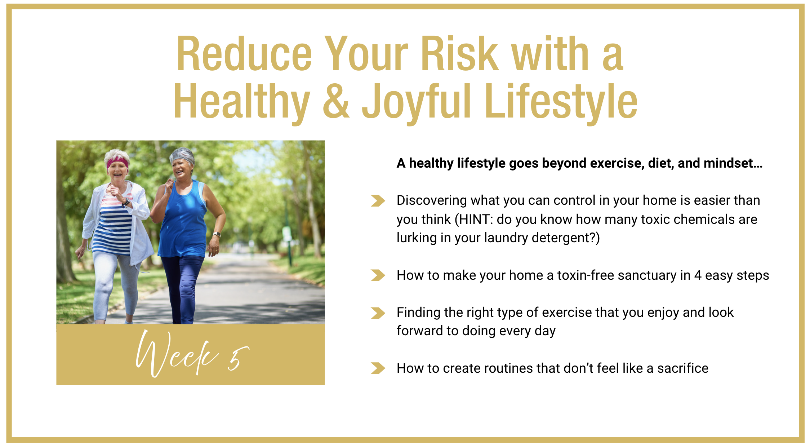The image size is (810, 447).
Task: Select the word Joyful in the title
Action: pos(417,102)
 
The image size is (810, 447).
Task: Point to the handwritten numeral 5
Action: pos(238,358)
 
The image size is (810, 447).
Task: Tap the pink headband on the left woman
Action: pos(117,163)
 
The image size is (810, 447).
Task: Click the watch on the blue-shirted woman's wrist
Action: pos(217,235)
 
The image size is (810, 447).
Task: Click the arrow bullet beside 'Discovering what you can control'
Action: pos(378,201)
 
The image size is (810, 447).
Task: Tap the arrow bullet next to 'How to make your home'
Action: pos(378,275)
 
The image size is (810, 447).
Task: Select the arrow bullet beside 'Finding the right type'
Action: pos(378,313)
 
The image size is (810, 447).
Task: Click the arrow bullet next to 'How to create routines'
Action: pos(378,368)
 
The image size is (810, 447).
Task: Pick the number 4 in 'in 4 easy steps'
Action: pos(698,275)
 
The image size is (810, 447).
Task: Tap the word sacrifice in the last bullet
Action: pos(683,368)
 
